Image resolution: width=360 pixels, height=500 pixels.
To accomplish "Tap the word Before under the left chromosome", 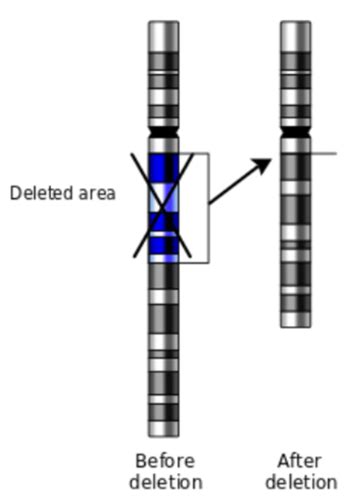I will (165, 461).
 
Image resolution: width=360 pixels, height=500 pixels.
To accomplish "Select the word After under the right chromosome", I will (299, 461).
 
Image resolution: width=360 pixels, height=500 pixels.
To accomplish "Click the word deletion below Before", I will (165, 482).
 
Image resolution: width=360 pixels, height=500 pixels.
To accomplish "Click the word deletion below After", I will (299, 482).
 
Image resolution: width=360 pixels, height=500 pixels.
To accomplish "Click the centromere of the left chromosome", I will (164, 132).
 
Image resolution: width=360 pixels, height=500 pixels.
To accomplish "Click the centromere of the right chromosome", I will (295, 132).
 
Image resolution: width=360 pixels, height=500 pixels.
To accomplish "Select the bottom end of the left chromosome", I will (164, 431).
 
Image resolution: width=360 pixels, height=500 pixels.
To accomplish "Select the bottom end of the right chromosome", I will (295, 321).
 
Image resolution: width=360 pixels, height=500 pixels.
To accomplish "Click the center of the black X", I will (164, 207).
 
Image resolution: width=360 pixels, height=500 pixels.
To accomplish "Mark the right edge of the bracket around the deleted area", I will (208, 208).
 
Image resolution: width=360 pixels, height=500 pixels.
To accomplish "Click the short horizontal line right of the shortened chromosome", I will (325, 154).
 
